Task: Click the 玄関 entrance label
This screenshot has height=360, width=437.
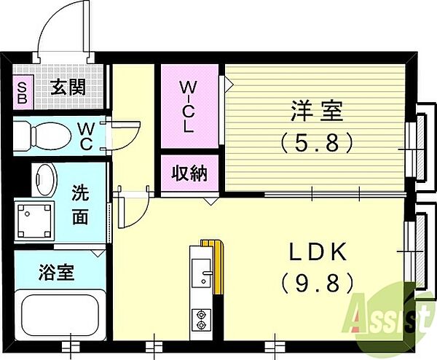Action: coord(68,87)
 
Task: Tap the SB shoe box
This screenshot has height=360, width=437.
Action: coord(23,93)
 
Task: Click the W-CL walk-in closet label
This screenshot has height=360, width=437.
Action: coord(189,106)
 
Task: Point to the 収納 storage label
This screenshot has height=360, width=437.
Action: coord(189,173)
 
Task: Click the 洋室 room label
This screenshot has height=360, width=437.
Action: coord(317,111)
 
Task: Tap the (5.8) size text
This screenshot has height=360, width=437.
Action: coord(317,143)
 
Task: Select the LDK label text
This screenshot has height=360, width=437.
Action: coord(318,252)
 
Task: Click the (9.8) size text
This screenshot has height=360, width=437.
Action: coord(318,283)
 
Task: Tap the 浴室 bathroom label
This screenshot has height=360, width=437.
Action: coord(57,273)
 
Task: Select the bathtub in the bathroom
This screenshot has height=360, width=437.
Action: coord(60,315)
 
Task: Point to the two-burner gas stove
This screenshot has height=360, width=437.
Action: coord(201,320)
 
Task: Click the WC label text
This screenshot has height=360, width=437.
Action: coord(86,136)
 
